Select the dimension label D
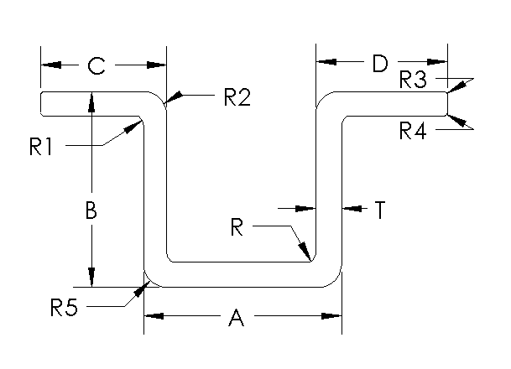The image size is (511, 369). pos(379,63)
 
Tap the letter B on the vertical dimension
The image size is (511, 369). pos(91,211)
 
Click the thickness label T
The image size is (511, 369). pos(379,210)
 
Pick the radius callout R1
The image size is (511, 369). pos(41,147)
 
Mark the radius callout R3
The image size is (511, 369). pos(413,81)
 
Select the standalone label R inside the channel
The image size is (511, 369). pos(239,226)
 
